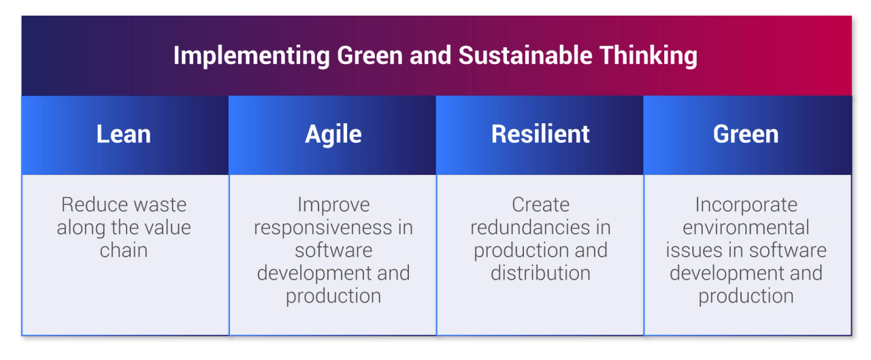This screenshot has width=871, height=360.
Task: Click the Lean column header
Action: pos(123,134)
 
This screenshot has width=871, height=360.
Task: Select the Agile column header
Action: pos(333,134)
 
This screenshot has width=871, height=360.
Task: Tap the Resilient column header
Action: pos(540,134)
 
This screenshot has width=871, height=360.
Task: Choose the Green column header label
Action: pos(746,134)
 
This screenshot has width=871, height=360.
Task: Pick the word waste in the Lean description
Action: pos(159,205)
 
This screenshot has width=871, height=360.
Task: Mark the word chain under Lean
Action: pos(123,250)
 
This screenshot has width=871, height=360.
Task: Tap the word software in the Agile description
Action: pos(333,250)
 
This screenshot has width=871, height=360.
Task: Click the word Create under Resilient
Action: pos(540,205)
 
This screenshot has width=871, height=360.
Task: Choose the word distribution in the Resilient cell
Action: pos(540,273)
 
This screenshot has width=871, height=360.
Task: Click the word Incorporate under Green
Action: pos(746,205)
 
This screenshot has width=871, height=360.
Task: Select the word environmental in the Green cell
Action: pos(746,227)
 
